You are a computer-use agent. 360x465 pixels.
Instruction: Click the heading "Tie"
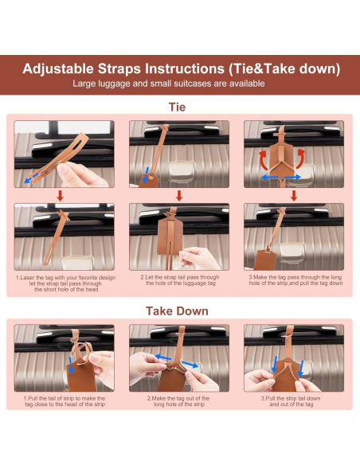pyautogui.click(x=177, y=107)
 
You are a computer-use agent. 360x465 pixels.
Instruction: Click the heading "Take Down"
pyautogui.click(x=177, y=311)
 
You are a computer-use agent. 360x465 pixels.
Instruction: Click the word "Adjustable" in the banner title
pyautogui.click(x=58, y=68)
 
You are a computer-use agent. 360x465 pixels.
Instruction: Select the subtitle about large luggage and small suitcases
pyautogui.click(x=169, y=84)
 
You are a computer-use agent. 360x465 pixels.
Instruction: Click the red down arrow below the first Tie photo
pyautogui.click(x=61, y=196)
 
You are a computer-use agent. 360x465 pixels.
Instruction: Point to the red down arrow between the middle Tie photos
pyautogui.click(x=179, y=196)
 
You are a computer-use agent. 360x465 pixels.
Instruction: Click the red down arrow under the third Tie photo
pyautogui.click(x=294, y=196)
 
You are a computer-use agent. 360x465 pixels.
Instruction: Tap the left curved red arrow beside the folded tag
pyautogui.click(x=264, y=160)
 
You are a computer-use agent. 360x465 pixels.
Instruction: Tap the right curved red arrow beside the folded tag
pyautogui.click(x=300, y=159)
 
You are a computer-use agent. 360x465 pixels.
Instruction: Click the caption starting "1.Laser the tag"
pyautogui.click(x=66, y=283)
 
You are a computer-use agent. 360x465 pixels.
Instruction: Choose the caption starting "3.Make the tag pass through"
pyautogui.click(x=295, y=280)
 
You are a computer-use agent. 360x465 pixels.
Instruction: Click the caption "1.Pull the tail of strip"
pyautogui.click(x=65, y=401)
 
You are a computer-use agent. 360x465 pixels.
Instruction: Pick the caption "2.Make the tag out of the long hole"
pyautogui.click(x=178, y=401)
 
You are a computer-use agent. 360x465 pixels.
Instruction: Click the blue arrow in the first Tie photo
pyautogui.click(x=31, y=178)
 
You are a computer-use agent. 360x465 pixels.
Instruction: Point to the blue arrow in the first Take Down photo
pyautogui.click(x=71, y=365)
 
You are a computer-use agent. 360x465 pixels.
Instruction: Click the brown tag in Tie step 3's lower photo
pyautogui.click(x=265, y=260)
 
